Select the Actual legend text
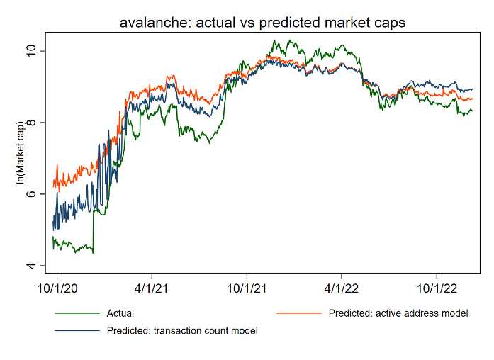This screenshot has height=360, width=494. pos(120,313)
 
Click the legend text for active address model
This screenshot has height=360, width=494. pos(398,313)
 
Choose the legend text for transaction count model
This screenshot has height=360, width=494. pos(182,330)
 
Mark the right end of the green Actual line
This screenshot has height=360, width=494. pos(473,111)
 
